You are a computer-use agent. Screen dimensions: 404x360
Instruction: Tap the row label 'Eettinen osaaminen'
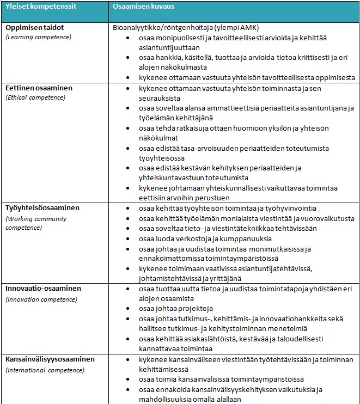[x=39, y=88]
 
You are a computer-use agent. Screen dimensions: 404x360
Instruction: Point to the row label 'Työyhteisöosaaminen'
[x=42, y=208]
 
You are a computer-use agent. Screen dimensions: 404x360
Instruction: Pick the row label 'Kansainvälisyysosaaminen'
[x=50, y=359]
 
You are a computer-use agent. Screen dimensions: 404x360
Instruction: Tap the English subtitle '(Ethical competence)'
[x=35, y=97]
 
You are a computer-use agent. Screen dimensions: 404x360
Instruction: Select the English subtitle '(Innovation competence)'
[x=40, y=299]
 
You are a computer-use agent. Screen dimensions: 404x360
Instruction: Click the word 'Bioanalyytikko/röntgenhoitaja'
[x=157, y=27]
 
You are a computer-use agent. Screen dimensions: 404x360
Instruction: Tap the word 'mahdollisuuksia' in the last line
[x=163, y=399]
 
